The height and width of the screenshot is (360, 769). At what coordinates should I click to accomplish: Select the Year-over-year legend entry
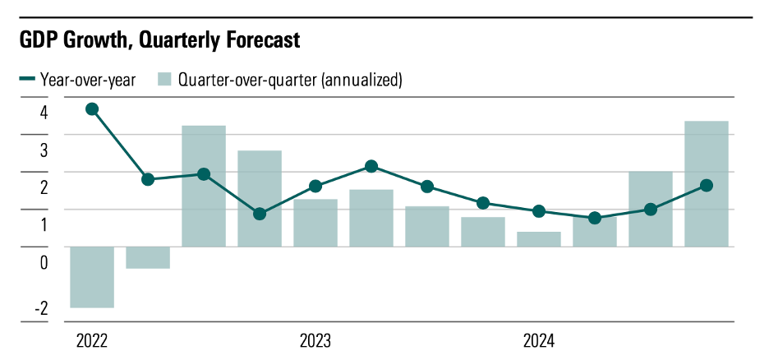pyautogui.click(x=77, y=80)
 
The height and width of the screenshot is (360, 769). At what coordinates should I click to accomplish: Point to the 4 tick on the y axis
pyautogui.click(x=43, y=113)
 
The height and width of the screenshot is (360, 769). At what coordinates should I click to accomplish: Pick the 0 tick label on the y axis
pyautogui.click(x=43, y=262)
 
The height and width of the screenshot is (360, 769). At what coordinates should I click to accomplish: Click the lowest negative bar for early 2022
pyautogui.click(x=92, y=277)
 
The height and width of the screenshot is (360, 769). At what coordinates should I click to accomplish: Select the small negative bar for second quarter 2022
pyautogui.click(x=148, y=257)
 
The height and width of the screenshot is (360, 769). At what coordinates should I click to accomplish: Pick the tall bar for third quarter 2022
pyautogui.click(x=204, y=186)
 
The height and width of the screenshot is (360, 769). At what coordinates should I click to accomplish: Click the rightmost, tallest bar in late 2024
pyautogui.click(x=707, y=184)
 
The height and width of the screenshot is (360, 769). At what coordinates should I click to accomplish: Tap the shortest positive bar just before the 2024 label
pyautogui.click(x=539, y=239)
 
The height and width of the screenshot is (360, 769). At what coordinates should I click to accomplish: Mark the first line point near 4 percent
pyautogui.click(x=92, y=109)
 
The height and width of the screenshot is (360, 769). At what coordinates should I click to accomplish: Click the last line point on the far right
pyautogui.click(x=707, y=185)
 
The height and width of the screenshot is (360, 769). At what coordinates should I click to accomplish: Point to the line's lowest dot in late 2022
pyautogui.click(x=260, y=214)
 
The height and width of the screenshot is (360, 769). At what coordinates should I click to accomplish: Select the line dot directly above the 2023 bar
pyautogui.click(x=315, y=186)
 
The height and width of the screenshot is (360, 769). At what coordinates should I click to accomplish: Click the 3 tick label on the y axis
pyautogui.click(x=43, y=150)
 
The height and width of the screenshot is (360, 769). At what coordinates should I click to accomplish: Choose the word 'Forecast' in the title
pyautogui.click(x=256, y=39)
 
